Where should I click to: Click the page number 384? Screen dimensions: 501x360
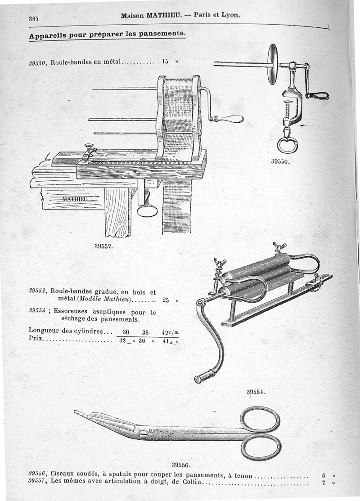(33, 18)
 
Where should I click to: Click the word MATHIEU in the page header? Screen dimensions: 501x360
(165, 15)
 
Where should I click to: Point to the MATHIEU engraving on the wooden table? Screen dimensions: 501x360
(75, 198)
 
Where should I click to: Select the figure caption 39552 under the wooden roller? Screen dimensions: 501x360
(103, 246)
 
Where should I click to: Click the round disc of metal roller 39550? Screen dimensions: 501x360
(272, 64)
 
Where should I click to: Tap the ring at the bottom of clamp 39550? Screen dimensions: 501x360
(287, 145)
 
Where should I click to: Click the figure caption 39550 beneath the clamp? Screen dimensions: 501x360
(280, 161)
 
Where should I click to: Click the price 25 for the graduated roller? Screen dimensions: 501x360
(166, 300)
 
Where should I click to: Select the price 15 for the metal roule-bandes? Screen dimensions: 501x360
(165, 62)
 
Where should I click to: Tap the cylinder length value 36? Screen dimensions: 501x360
(145, 332)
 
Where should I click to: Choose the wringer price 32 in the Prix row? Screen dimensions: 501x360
(122, 341)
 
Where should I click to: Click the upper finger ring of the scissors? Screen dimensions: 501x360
(260, 419)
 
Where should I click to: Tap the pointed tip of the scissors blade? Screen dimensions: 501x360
(76, 412)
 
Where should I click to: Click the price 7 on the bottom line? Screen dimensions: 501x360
(324, 484)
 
